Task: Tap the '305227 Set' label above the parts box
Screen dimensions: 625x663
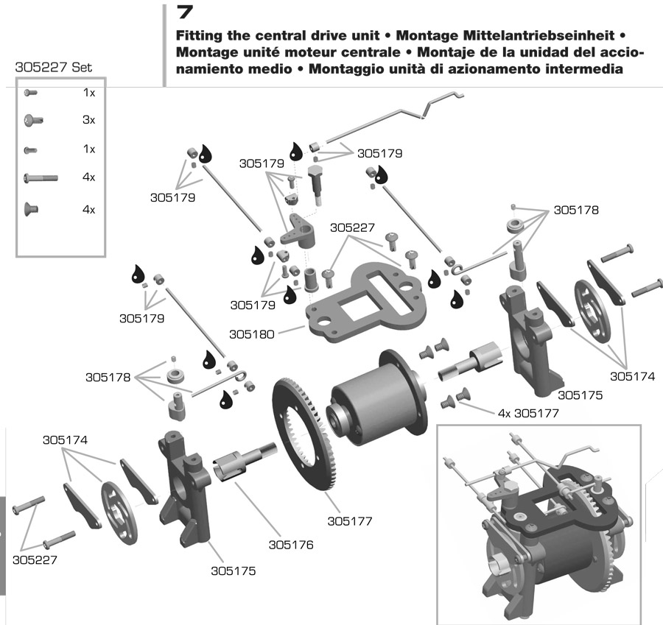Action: (x=54, y=67)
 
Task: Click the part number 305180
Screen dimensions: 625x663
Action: (x=251, y=333)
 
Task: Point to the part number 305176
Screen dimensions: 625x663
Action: (x=291, y=545)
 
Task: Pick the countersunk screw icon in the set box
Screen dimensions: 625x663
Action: (x=31, y=209)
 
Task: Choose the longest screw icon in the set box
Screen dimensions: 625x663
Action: (x=41, y=177)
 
